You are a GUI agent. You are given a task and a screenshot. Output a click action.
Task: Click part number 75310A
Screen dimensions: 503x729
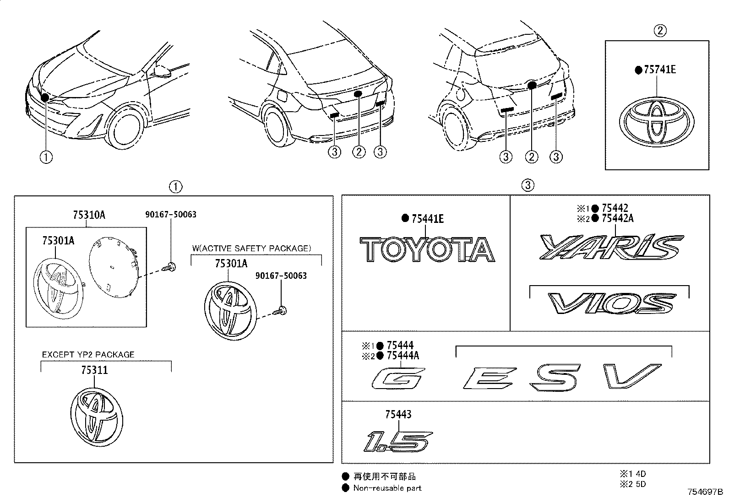tap(89, 215)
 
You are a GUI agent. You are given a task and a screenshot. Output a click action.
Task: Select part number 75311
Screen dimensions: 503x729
tap(94, 370)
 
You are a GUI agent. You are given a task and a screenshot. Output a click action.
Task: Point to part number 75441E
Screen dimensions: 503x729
tap(428, 219)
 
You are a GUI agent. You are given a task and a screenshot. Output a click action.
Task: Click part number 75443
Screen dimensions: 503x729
tap(398, 414)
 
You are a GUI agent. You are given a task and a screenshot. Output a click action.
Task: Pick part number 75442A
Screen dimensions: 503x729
tap(618, 218)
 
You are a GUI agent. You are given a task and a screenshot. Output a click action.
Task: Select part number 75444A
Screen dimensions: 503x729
tap(403, 356)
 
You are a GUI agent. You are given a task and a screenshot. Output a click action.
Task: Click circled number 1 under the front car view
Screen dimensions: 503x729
tap(46, 157)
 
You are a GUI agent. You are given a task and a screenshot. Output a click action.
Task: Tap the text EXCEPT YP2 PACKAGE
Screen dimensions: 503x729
tap(88, 354)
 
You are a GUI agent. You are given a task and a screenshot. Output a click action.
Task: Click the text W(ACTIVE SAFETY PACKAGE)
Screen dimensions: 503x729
tap(251, 248)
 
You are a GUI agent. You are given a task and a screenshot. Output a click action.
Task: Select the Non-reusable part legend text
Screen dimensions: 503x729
tap(387, 488)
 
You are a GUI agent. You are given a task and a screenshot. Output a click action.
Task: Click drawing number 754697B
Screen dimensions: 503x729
tap(705, 492)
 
